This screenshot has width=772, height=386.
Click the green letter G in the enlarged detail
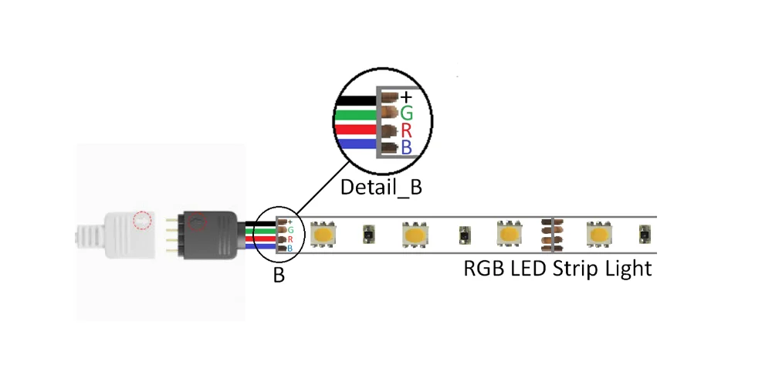[x=406, y=113]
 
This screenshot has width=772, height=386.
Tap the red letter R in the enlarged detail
[x=406, y=130]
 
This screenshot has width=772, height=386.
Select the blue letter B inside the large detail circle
[x=406, y=147]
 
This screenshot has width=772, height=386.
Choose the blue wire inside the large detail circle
[x=357, y=144]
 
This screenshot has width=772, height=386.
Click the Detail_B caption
[x=381, y=188]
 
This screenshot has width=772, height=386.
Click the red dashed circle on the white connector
[x=141, y=220]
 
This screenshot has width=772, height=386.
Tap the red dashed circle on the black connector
[x=199, y=222]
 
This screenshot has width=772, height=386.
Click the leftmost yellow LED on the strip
[x=322, y=234]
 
